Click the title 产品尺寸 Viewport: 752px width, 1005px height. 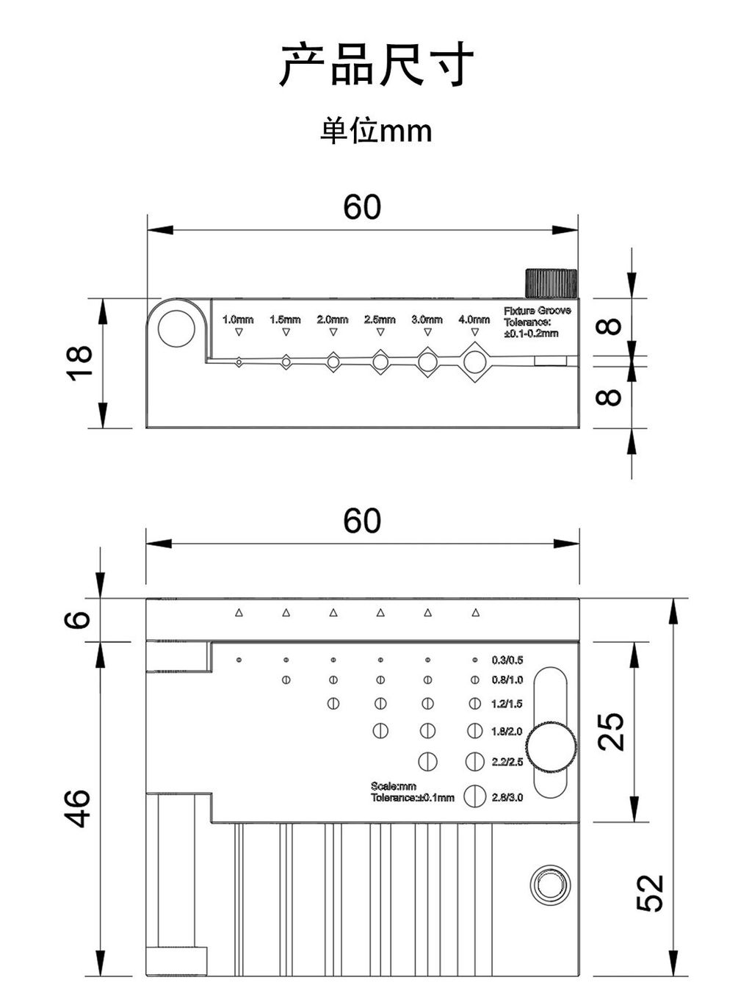tap(376, 65)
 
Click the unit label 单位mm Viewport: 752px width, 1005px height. tap(376, 132)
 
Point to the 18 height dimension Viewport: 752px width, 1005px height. tap(79, 363)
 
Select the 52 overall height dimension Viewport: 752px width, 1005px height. tap(650, 893)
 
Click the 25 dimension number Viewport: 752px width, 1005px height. tap(611, 731)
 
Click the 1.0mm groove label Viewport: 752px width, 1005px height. tap(238, 320)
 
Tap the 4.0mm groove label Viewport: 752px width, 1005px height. tap(474, 320)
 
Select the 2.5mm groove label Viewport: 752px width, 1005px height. tap(380, 320)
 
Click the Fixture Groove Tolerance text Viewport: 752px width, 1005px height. tap(536, 322)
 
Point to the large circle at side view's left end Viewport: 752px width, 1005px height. tap(176, 328)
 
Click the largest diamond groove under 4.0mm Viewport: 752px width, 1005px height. tap(474, 361)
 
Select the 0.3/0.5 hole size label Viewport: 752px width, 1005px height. tap(507, 660)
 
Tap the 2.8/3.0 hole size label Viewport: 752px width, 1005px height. tap(507, 797)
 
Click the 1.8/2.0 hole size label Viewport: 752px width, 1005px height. tap(507, 731)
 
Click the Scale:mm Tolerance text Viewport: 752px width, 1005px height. tap(412, 792)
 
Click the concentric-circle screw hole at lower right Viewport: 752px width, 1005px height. tap(549, 885)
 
